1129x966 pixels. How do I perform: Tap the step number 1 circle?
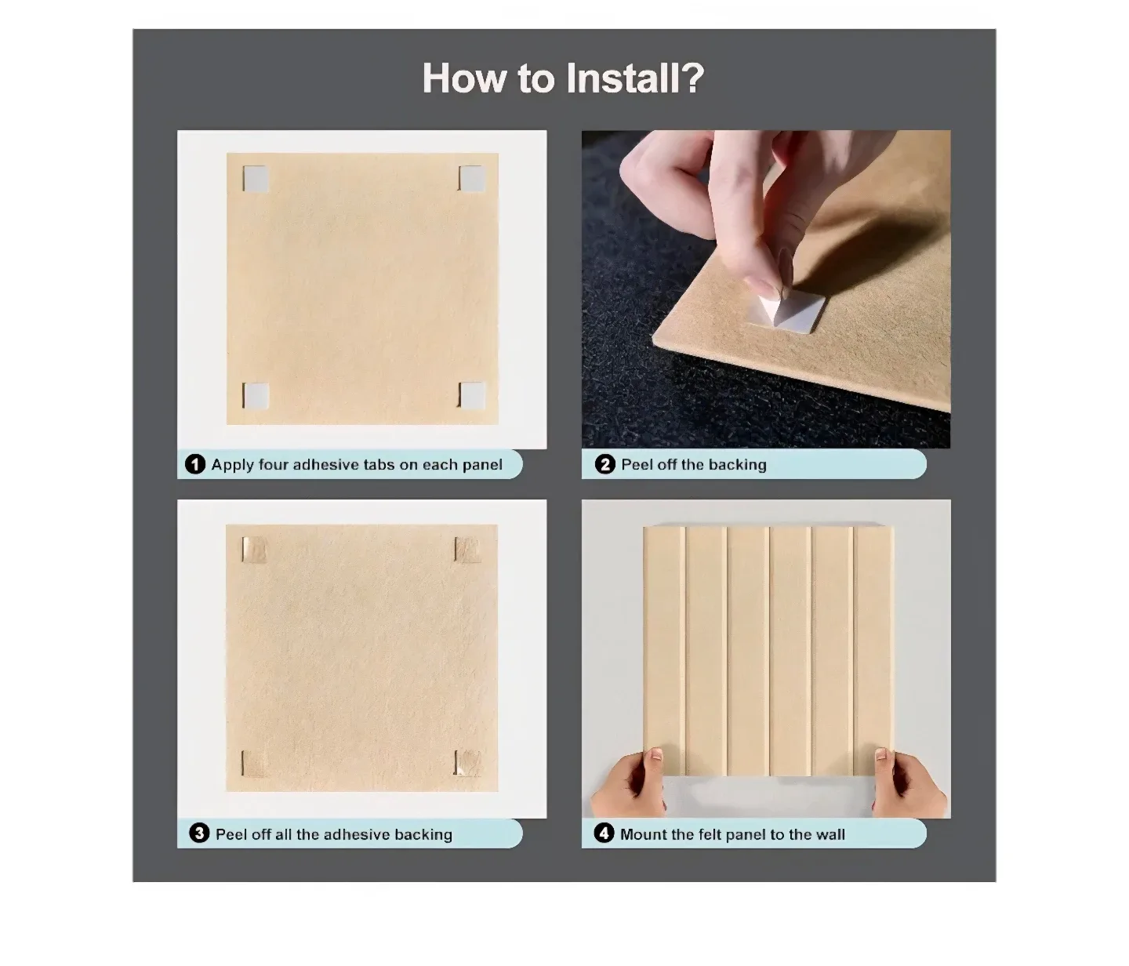point(195,464)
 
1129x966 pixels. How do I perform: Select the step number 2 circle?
point(604,464)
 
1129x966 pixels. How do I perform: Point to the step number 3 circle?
point(200,833)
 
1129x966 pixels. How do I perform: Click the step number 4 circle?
point(604,833)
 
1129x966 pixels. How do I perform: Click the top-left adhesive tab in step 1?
point(256,180)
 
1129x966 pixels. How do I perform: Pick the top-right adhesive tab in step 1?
point(470,179)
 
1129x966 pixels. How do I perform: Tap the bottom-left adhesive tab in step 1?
point(256,396)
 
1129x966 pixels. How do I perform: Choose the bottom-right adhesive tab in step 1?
point(470,396)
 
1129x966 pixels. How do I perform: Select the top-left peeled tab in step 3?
point(254,550)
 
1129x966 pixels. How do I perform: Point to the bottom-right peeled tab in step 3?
point(467,763)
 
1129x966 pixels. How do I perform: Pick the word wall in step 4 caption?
point(830,834)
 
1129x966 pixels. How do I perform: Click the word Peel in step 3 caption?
point(231,834)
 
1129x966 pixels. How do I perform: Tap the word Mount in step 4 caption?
point(643,834)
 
